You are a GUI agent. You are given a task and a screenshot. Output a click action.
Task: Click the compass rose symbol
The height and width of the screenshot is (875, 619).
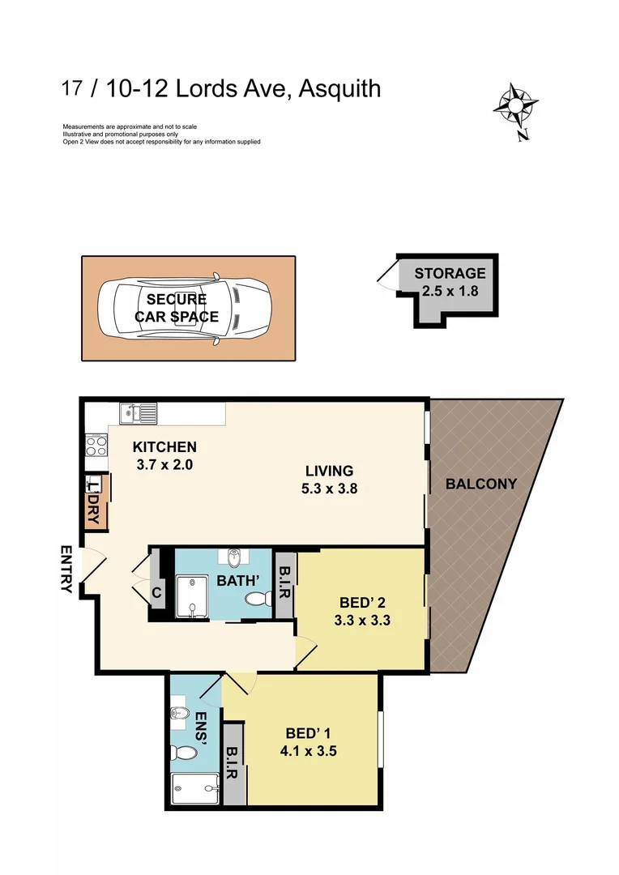pyautogui.click(x=516, y=108)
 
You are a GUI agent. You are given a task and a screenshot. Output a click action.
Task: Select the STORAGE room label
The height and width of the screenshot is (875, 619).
pyautogui.click(x=450, y=274)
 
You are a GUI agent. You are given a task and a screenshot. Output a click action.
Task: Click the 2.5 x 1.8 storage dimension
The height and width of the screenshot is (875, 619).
pyautogui.click(x=450, y=291)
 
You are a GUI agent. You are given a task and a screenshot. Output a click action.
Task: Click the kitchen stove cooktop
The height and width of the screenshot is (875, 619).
pyautogui.click(x=96, y=446)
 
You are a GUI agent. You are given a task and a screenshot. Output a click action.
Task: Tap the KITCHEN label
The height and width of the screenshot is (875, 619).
pyautogui.click(x=164, y=447)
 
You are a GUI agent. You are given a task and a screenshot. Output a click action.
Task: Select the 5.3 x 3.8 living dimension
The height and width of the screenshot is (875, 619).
pyautogui.click(x=329, y=489)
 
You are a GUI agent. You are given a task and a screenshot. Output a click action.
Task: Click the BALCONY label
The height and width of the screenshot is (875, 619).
pyautogui.click(x=481, y=484)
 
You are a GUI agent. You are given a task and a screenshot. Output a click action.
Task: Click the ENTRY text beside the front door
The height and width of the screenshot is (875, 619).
pyautogui.click(x=66, y=570)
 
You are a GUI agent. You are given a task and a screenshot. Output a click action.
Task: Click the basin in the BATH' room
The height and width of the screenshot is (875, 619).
pyautogui.click(x=233, y=557)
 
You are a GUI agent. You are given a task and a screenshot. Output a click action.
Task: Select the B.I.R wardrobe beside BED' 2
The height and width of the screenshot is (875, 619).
pyautogui.click(x=284, y=584)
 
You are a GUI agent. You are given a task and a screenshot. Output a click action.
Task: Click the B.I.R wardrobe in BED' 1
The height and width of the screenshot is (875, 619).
pyautogui.click(x=233, y=763)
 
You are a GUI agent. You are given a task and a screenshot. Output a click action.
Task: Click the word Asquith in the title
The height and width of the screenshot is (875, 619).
pyautogui.click(x=339, y=88)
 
